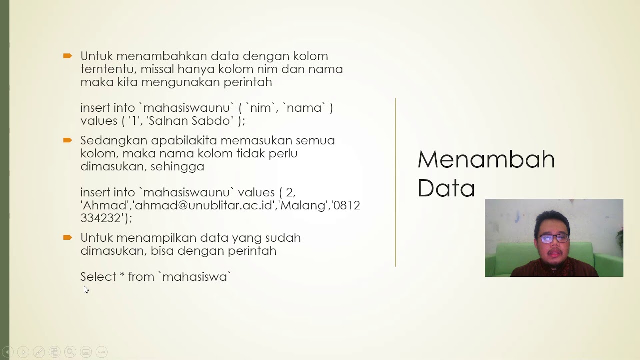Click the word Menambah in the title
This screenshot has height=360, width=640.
[x=486, y=159]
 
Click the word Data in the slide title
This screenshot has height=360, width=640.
[x=446, y=188]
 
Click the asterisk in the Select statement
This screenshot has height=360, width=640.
[x=122, y=276]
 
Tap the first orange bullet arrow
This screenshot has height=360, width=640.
[x=68, y=56]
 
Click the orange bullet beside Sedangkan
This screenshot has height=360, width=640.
[x=68, y=140]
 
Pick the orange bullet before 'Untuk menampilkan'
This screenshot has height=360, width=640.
[x=68, y=237]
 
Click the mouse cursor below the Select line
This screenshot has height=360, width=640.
[x=86, y=289]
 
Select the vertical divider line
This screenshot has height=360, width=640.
[x=396, y=182]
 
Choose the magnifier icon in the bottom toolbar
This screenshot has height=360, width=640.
[x=70, y=352]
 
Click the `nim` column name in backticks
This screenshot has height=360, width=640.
[x=259, y=108]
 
